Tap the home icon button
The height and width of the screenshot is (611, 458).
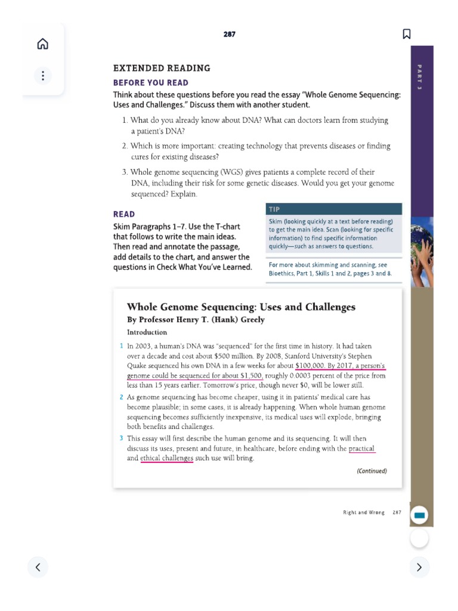coord(42,44)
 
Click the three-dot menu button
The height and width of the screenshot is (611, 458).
coord(42,76)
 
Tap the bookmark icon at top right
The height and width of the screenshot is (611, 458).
coord(407,34)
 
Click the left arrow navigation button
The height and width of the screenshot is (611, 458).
coord(38,567)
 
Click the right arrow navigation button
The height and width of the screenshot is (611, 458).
coord(419,567)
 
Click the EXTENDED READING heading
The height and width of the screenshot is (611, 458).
coord(162,68)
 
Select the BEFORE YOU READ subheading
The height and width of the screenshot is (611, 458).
coord(150,83)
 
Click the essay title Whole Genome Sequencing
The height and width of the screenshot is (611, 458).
coord(241,307)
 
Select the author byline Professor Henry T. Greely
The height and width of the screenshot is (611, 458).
coord(196,320)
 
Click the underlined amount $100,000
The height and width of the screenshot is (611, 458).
coord(309,366)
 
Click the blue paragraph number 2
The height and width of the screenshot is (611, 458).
coord(121,397)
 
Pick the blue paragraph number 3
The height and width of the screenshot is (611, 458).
coord(121,439)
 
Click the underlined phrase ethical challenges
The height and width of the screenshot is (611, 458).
coord(166,458)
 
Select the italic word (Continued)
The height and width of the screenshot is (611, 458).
coord(372,471)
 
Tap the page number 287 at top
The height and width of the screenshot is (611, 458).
coord(230,35)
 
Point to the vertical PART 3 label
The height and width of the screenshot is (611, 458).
coord(420,77)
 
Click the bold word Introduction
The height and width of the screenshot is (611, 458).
coord(147,332)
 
